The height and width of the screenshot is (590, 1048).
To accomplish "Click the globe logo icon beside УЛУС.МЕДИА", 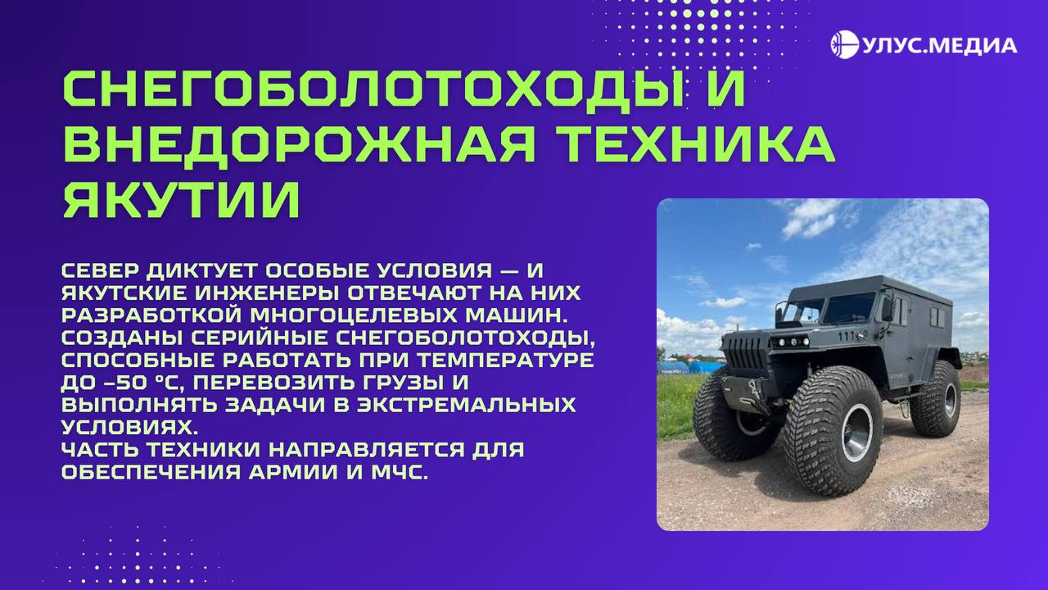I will (x=844, y=45).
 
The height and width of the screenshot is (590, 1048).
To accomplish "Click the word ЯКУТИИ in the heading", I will (x=182, y=200).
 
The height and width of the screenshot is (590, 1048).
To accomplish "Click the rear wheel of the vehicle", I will (x=935, y=399).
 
